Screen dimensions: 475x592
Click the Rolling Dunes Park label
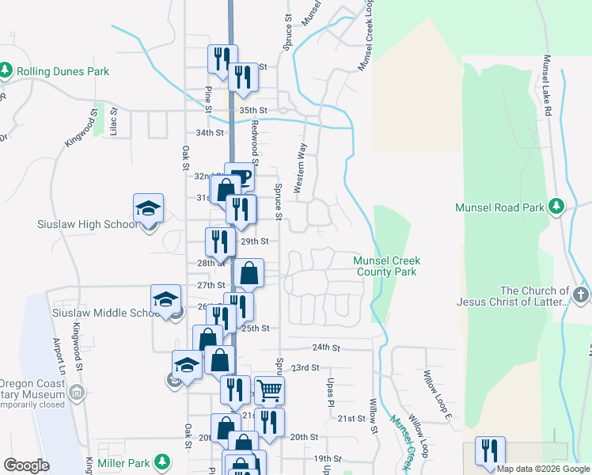click(62, 71)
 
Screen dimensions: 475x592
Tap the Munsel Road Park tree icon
click(556, 207)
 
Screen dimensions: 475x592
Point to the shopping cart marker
click(269, 389)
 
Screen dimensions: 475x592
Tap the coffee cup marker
click(241, 177)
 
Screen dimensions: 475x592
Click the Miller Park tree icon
click(162, 462)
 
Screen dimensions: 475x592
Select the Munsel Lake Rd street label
click(546, 86)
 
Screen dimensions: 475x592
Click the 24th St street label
click(325, 348)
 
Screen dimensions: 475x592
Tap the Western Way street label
click(300, 168)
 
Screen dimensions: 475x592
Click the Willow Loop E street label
click(437, 395)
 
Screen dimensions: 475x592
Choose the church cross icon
click(580, 296)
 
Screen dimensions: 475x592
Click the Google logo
click(26, 465)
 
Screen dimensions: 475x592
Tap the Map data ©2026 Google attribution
click(543, 469)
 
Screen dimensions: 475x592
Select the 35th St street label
click(253, 111)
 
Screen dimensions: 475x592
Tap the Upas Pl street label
click(331, 388)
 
